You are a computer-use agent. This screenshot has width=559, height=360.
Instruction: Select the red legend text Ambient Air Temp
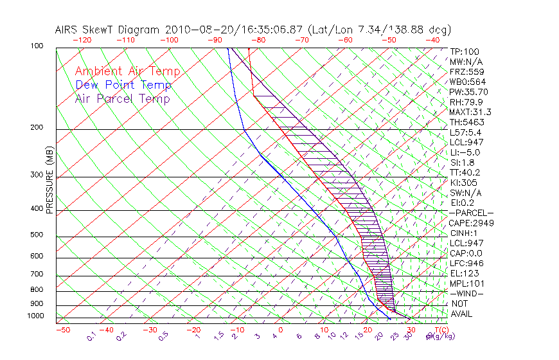pyautogui.click(x=127, y=71)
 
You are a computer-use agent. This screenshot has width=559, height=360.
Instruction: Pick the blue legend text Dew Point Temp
pyautogui.click(x=123, y=85)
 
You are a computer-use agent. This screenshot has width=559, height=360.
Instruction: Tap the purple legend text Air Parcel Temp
pyautogui.click(x=122, y=98)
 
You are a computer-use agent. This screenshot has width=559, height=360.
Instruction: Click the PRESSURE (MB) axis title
pyautogui.click(x=49, y=181)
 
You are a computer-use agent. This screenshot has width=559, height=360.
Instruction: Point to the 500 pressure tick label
pyautogui.click(x=37, y=235)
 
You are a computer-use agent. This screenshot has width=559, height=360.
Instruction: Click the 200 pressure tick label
pyautogui.click(x=37, y=128)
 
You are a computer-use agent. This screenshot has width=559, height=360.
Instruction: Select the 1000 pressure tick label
pyautogui.click(x=35, y=316)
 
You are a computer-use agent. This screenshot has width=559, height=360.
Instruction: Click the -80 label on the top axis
pyautogui.click(x=258, y=40)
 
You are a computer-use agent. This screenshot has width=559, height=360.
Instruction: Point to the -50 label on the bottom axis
pyautogui.click(x=62, y=330)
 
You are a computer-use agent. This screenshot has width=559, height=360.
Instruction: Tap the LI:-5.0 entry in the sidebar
pyautogui.click(x=465, y=152)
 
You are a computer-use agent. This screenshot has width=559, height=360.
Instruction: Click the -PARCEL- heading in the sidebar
pyautogui.click(x=471, y=213)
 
